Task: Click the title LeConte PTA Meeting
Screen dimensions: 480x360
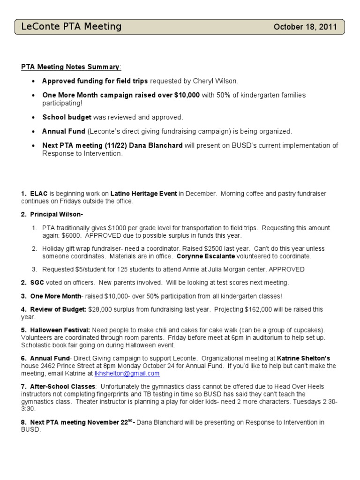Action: click(71, 27)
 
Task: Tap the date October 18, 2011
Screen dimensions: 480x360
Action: click(305, 27)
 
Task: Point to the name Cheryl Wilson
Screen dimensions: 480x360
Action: click(209, 81)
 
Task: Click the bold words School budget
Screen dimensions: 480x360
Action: click(67, 117)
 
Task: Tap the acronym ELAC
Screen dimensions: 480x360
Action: click(39, 193)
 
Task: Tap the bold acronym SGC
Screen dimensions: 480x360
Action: click(38, 283)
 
